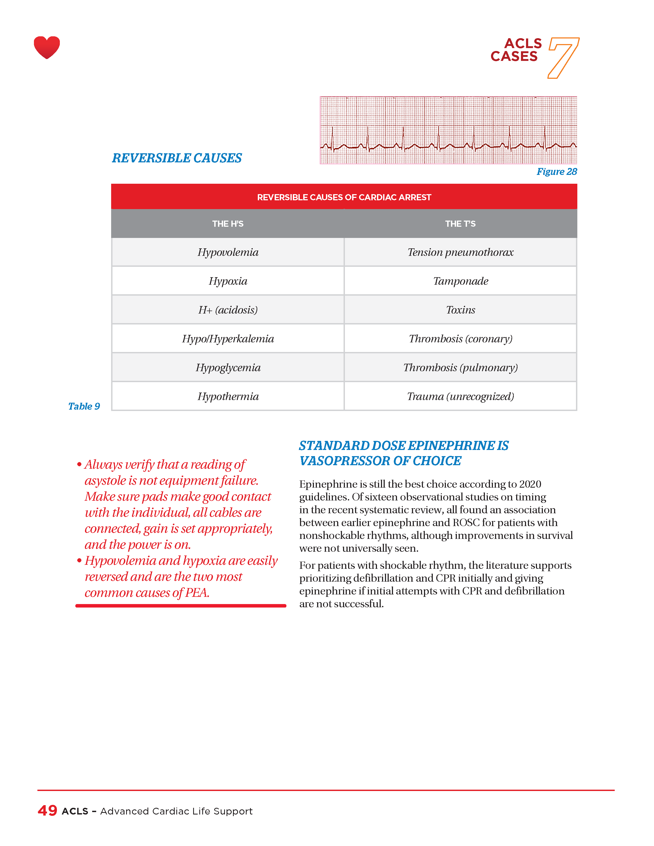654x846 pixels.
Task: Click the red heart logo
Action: [x=47, y=47]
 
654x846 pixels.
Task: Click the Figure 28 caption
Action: [x=556, y=172]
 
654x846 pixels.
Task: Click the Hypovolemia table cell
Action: [x=228, y=252]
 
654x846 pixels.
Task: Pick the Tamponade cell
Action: [x=460, y=281]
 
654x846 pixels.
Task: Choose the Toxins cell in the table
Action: [x=460, y=310]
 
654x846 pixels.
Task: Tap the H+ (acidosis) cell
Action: [x=228, y=310]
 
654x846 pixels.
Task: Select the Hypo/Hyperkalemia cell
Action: [x=228, y=339]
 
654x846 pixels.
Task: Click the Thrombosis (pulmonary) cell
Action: [x=460, y=368]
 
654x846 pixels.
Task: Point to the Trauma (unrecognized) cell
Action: [x=460, y=396]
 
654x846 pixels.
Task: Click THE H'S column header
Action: [x=228, y=224]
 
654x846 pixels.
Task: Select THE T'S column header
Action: [x=460, y=224]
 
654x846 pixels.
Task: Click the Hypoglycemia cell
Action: [x=228, y=368]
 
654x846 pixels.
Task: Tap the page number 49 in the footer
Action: [x=47, y=810]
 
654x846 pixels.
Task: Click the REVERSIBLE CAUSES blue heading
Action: [x=177, y=158]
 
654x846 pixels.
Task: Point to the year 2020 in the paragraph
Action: [x=530, y=484]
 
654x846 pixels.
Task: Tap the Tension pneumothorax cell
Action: [x=460, y=252]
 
